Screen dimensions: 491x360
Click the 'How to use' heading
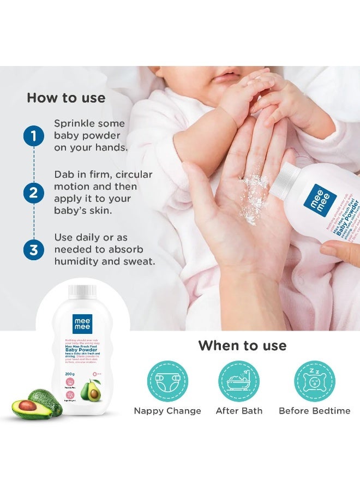pyautogui.click(x=66, y=98)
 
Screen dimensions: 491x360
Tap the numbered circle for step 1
pyautogui.click(x=33, y=136)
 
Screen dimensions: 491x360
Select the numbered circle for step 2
pyautogui.click(x=33, y=192)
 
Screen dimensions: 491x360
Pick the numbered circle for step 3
pyautogui.click(x=33, y=250)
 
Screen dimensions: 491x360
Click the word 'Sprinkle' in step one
pyautogui.click(x=75, y=124)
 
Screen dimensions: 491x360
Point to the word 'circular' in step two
pyautogui.click(x=131, y=175)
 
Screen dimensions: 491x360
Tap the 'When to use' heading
pyautogui.click(x=242, y=345)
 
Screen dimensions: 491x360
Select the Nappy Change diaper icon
pyautogui.click(x=167, y=381)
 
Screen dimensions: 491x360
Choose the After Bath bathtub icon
pyautogui.click(x=239, y=381)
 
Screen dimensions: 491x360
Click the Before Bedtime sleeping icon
pyautogui.click(x=315, y=381)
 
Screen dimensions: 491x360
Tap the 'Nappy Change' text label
pyautogui.click(x=167, y=411)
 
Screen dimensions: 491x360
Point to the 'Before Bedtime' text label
pyautogui.click(x=315, y=411)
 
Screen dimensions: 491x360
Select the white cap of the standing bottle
pyautogui.click(x=83, y=292)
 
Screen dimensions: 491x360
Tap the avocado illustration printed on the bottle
pyautogui.click(x=89, y=391)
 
